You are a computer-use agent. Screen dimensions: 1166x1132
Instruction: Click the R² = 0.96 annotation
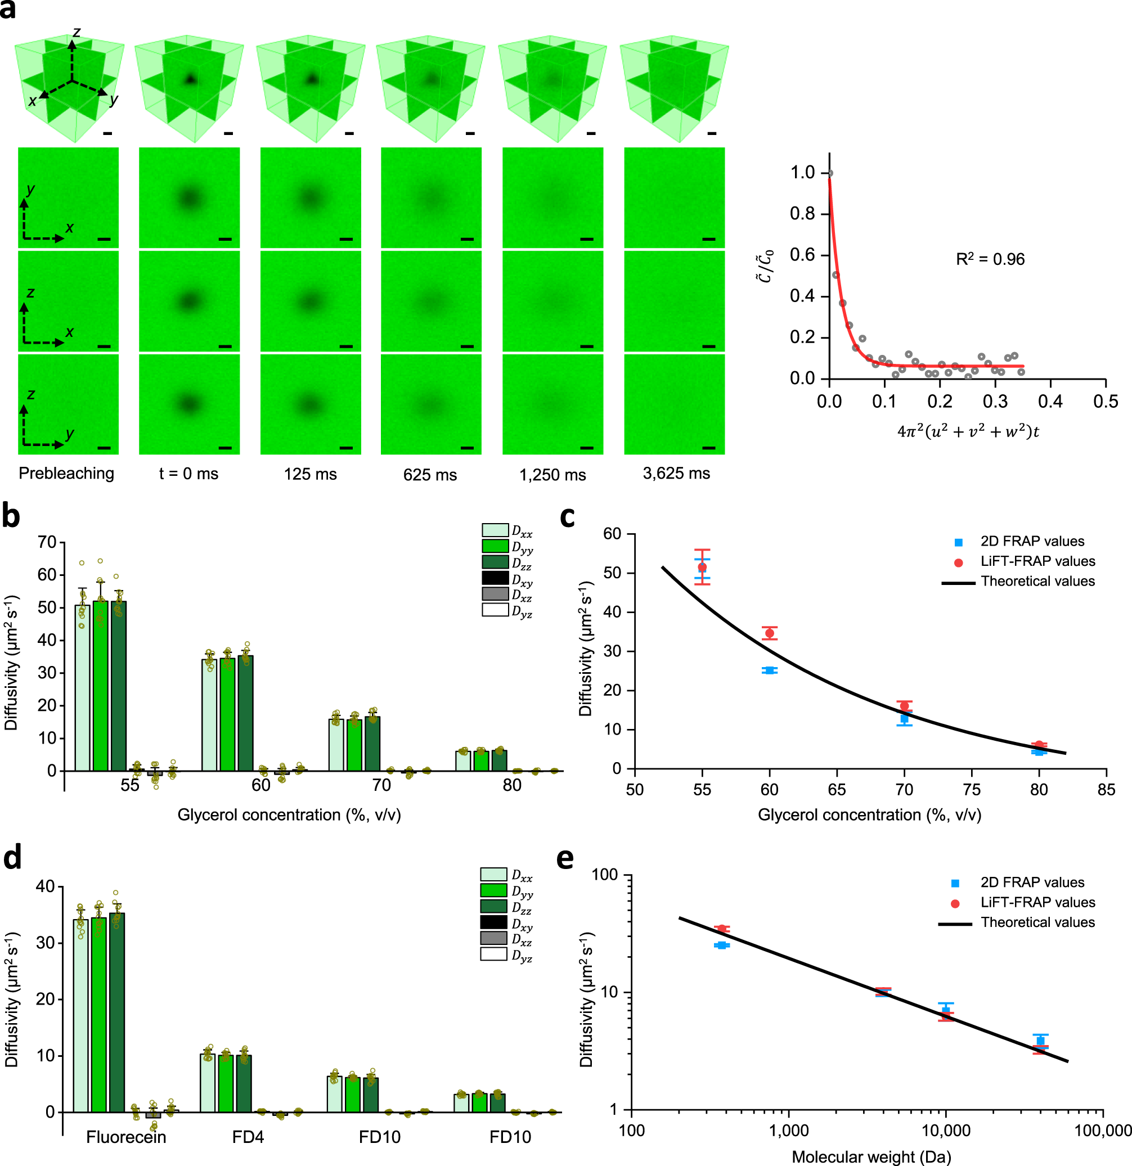click(990, 259)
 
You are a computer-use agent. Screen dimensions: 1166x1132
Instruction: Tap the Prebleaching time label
click(66, 474)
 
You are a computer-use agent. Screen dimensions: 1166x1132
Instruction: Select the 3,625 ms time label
click(676, 474)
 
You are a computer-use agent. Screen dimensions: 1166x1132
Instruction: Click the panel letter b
click(11, 515)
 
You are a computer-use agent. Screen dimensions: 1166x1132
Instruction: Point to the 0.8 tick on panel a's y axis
click(802, 214)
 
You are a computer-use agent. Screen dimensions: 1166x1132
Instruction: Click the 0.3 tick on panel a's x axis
click(995, 402)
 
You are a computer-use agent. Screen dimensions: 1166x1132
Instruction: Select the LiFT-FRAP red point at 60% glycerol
click(770, 633)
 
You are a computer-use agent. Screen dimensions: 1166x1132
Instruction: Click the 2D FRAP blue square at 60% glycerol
click(770, 670)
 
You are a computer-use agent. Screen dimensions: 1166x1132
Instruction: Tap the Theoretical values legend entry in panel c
click(1037, 581)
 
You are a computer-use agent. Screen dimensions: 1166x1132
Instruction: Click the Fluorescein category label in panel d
click(125, 1137)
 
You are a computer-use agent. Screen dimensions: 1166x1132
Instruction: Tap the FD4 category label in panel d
click(248, 1137)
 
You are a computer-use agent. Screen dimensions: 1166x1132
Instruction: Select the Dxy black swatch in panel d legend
click(493, 922)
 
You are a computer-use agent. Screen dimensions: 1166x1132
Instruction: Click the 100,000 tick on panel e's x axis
click(1103, 1131)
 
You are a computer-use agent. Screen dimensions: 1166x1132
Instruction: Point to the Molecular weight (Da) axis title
click(872, 1157)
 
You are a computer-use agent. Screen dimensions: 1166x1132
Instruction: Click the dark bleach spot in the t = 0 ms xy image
click(189, 197)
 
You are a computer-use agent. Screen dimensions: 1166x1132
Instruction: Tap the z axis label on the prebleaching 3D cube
click(76, 33)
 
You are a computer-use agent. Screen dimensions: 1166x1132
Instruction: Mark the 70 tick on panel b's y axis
click(47, 543)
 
